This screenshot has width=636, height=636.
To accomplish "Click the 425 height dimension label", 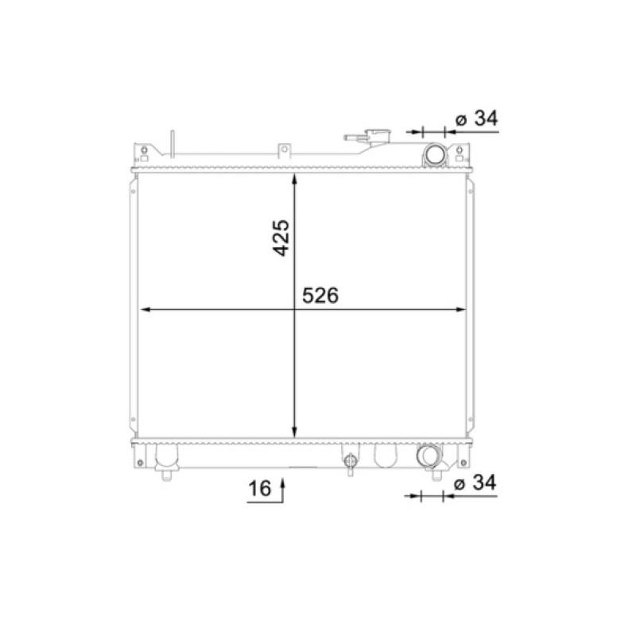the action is point(281,238).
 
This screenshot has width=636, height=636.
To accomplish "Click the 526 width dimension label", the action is point(320,295).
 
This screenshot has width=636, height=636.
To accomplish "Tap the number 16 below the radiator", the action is point(260,488).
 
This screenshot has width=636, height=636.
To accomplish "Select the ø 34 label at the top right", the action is point(476,118).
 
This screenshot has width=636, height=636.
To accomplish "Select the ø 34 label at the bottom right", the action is point(475,483).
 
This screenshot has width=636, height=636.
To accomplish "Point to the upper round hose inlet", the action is point(435,154).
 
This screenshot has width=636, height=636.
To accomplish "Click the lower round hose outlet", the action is point(428,456).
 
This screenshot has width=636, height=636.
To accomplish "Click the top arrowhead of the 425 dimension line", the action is point(295,180).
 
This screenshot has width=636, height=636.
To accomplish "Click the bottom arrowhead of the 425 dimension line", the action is point(295,432).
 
